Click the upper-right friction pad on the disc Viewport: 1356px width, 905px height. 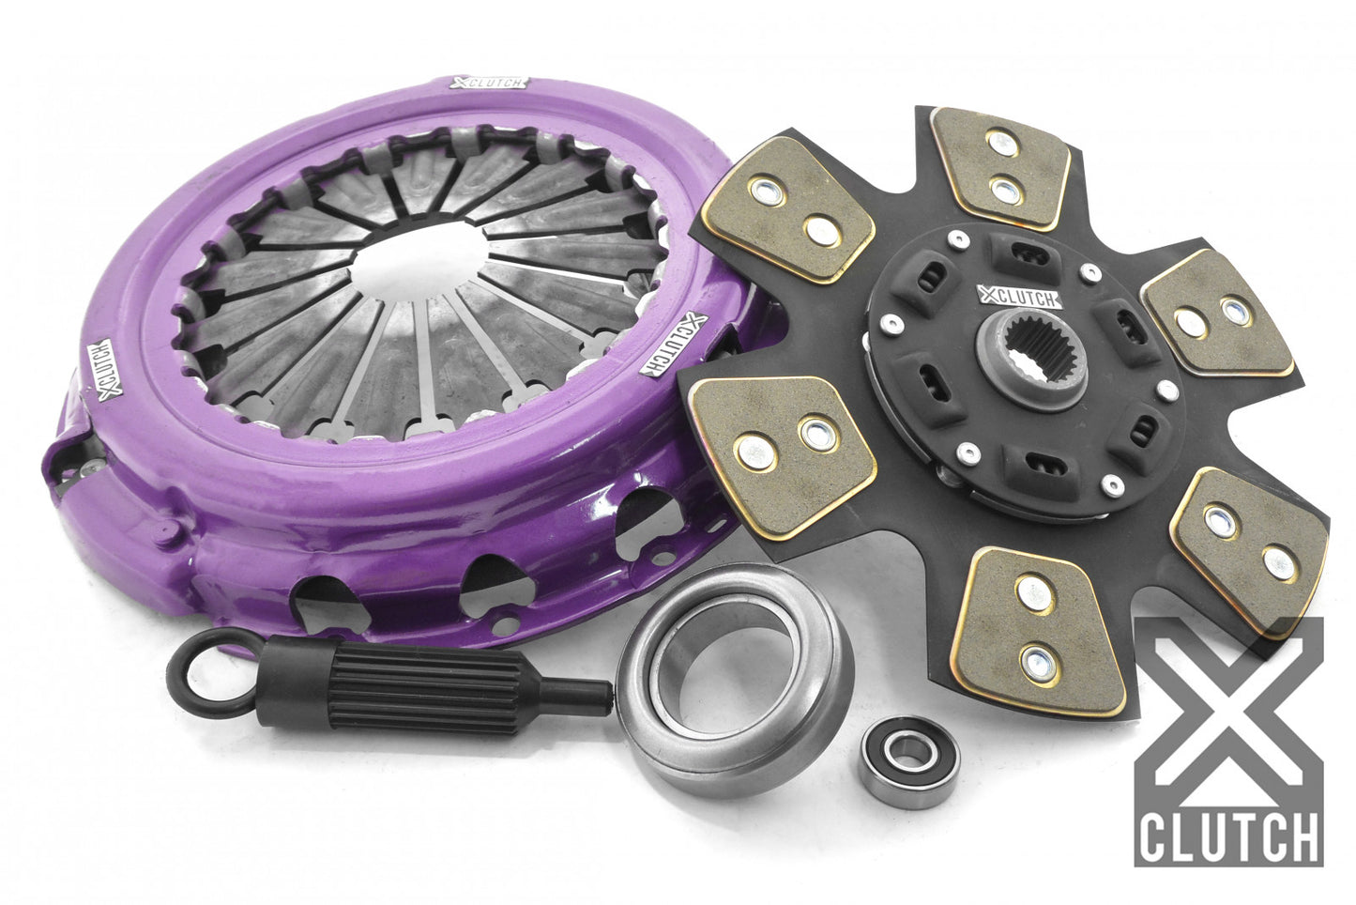[1211, 317]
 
